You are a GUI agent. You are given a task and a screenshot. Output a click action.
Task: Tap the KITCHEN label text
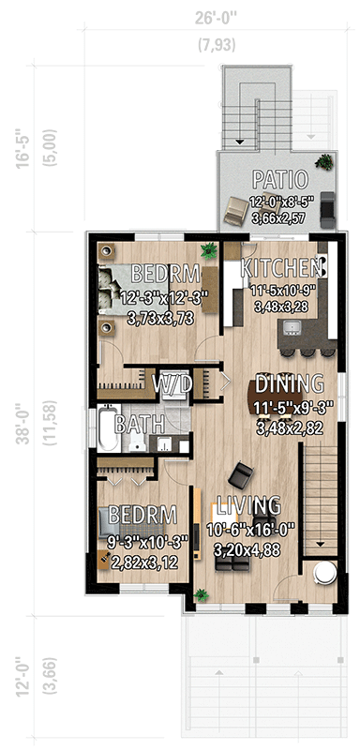click(284, 267)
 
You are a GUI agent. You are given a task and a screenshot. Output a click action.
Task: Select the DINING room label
click(290, 383)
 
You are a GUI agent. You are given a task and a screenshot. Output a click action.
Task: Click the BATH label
click(135, 424)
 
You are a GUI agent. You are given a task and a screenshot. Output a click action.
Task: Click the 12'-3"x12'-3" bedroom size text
click(165, 298)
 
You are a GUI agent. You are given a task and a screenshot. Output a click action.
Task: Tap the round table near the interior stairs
click(325, 571)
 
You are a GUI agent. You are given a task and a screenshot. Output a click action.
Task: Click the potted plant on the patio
click(323, 160)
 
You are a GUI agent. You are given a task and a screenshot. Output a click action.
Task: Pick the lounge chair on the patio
click(234, 208)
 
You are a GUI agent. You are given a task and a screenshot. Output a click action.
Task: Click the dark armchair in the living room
click(242, 474)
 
